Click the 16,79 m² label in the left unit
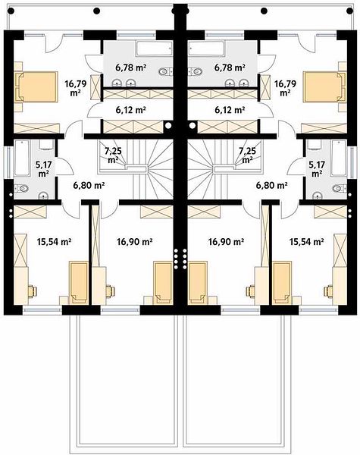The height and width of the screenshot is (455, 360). (76, 88)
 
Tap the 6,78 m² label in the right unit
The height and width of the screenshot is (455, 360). (230, 67)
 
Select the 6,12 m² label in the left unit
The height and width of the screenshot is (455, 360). (130, 110)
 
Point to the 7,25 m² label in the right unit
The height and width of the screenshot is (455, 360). (247, 155)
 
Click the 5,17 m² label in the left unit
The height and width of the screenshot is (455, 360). (43, 169)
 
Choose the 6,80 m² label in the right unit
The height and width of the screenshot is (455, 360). (271, 185)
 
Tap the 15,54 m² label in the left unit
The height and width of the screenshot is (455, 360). (55, 241)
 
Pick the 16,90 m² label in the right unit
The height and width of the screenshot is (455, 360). (226, 241)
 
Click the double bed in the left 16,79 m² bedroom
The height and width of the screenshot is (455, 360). (36, 86)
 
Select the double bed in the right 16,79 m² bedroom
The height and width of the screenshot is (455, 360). (324, 86)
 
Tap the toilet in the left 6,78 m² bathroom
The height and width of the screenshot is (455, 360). (165, 71)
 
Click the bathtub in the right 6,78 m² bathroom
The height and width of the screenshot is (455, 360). (206, 49)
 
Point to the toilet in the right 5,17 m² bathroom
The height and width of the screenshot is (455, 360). (340, 189)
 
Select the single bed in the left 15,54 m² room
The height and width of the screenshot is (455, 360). (78, 282)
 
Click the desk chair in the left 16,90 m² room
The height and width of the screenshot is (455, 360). (110, 291)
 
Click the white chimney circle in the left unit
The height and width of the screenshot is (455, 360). (167, 126)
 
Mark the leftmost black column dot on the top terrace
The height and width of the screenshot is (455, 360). (11, 11)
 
